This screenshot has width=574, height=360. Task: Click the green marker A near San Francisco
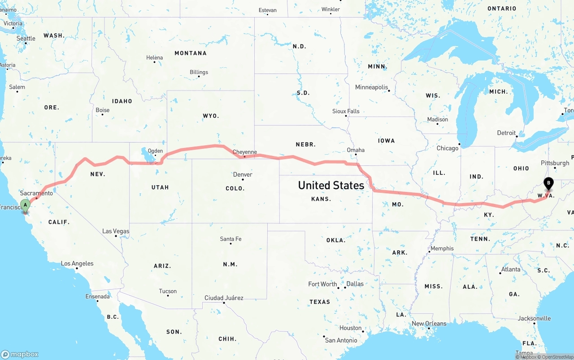tap(26, 205)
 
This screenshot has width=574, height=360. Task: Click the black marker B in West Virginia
tap(548, 183)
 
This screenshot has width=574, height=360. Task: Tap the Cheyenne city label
tap(245, 152)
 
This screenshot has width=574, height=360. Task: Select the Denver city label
tap(243, 174)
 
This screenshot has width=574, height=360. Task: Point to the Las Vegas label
tap(116, 231)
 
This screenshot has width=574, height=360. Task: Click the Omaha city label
tap(356, 150)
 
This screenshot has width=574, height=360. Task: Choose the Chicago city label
tap(448, 148)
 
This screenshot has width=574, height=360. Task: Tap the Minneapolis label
tap(371, 87)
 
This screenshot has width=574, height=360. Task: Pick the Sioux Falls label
tap(346, 111)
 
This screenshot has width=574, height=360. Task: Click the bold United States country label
tap(331, 185)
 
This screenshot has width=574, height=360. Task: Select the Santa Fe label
tap(230, 239)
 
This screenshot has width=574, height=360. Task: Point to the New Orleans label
tap(429, 324)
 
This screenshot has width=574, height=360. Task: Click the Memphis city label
tap(442, 248)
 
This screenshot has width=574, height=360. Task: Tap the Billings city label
tap(199, 72)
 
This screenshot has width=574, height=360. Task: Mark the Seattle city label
tap(26, 39)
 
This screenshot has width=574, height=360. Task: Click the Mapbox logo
tap(20, 354)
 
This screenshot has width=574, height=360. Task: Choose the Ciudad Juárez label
tap(224, 298)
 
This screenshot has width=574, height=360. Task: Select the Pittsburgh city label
tap(555, 163)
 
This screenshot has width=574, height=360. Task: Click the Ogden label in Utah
tap(155, 151)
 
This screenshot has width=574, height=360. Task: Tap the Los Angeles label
tap(77, 264)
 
